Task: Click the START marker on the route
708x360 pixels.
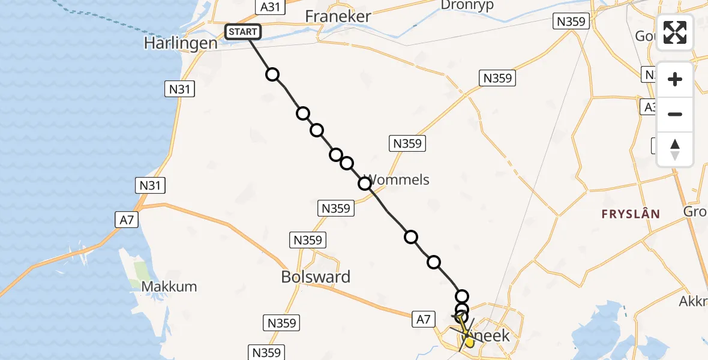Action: coord(242,32)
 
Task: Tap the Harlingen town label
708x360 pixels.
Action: coord(181,43)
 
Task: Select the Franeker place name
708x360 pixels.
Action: coord(338,16)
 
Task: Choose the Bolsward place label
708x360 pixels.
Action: coord(316,277)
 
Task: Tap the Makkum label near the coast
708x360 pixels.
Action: coord(169,286)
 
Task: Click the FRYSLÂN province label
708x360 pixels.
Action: coord(631,214)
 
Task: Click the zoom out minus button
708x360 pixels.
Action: coord(675,115)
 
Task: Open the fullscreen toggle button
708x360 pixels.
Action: coord(675,32)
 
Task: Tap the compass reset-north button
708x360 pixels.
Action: coord(675,149)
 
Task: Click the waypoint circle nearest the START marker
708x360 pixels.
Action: coord(272,74)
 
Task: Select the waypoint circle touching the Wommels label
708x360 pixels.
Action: coord(364,184)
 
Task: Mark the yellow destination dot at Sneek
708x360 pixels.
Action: coord(469,341)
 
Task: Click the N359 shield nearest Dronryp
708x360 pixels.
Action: coord(571,22)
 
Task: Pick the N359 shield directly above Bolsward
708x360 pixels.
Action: coord(308,241)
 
